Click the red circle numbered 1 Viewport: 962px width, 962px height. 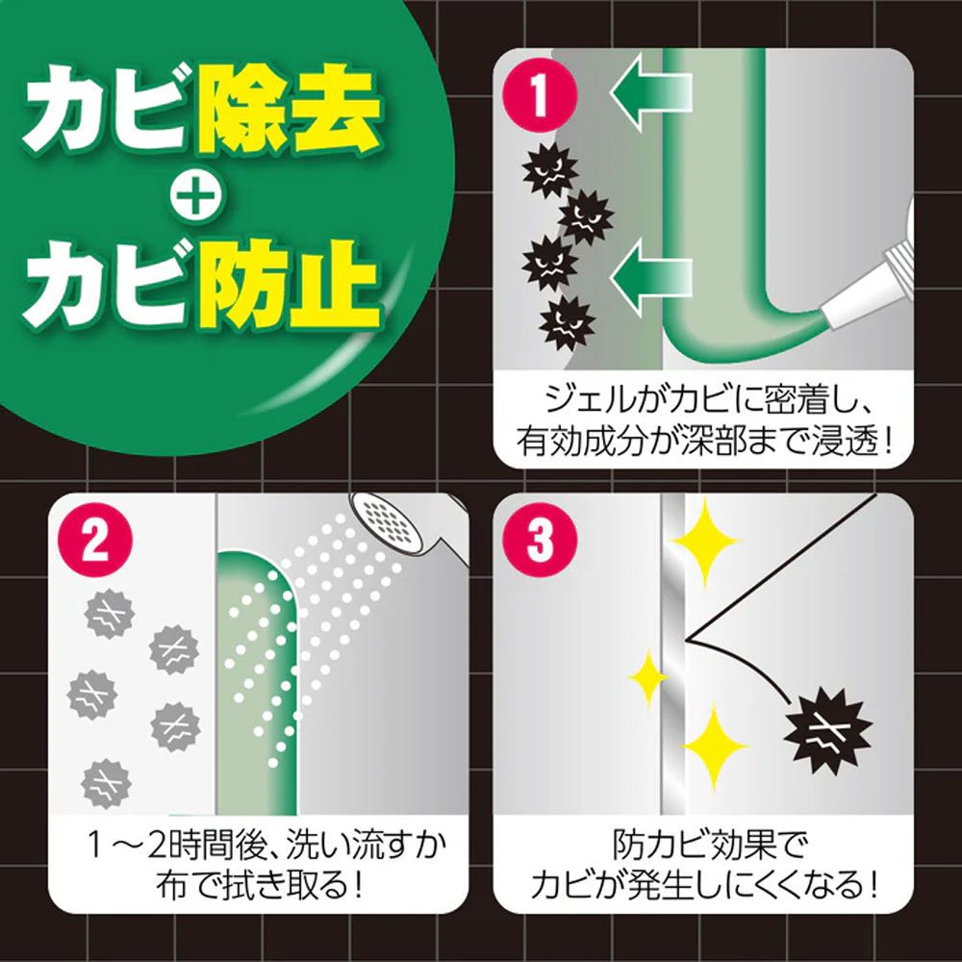pyautogui.click(x=540, y=94)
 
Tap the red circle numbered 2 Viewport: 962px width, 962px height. pyautogui.click(x=95, y=540)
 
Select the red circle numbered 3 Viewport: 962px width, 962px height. pyautogui.click(x=540, y=540)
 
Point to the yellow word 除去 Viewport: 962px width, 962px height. pyautogui.click(x=288, y=111)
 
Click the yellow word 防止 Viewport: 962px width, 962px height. pyautogui.click(x=288, y=286)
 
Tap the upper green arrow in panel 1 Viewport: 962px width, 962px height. pyautogui.click(x=650, y=92)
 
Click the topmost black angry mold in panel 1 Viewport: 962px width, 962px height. pyautogui.click(x=549, y=170)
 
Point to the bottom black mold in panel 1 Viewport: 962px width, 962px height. pyautogui.click(x=567, y=323)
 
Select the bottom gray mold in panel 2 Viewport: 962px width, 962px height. pyautogui.click(x=106, y=783)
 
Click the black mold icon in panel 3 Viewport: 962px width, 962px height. pyautogui.click(x=827, y=730)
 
